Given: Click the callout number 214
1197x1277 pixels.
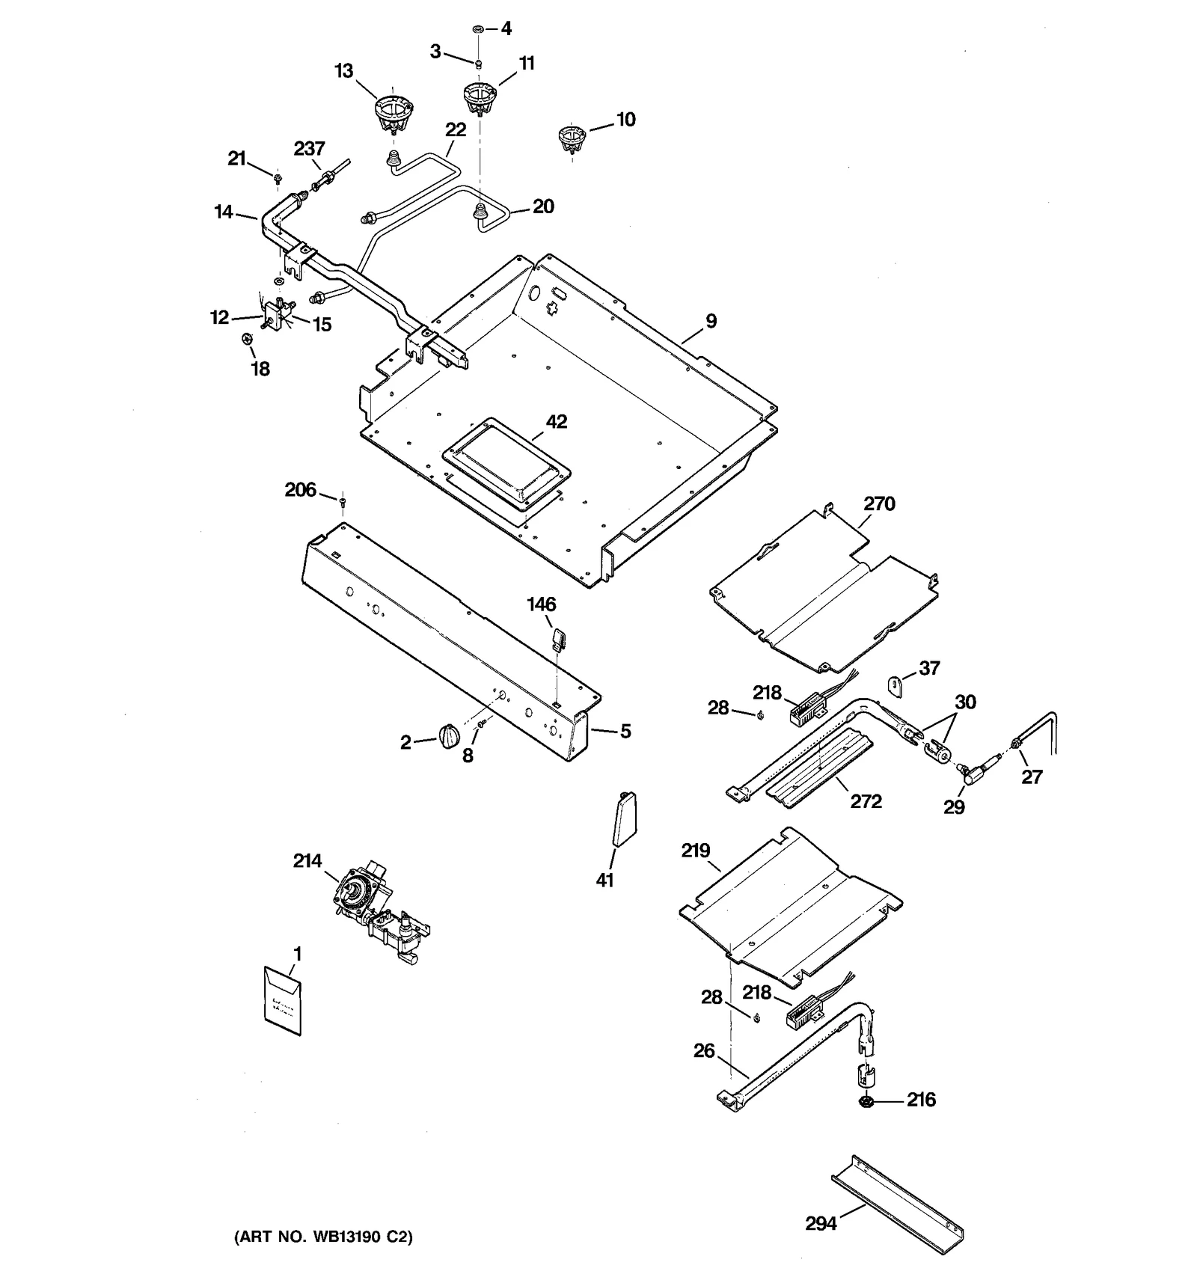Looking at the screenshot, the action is click(307, 860).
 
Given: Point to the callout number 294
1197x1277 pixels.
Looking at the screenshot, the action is click(821, 1224).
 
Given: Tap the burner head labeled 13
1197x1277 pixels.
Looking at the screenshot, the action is click(393, 114).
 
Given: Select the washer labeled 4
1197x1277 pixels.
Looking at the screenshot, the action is click(477, 29).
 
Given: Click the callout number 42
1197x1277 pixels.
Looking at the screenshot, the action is click(557, 422).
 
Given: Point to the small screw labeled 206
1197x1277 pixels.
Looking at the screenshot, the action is click(343, 500).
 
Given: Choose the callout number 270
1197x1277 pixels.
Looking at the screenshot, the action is click(879, 503).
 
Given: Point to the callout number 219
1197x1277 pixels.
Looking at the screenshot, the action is click(696, 851).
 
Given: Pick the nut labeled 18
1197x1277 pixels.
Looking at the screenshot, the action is click(248, 340).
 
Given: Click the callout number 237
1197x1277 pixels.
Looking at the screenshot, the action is click(309, 148).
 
